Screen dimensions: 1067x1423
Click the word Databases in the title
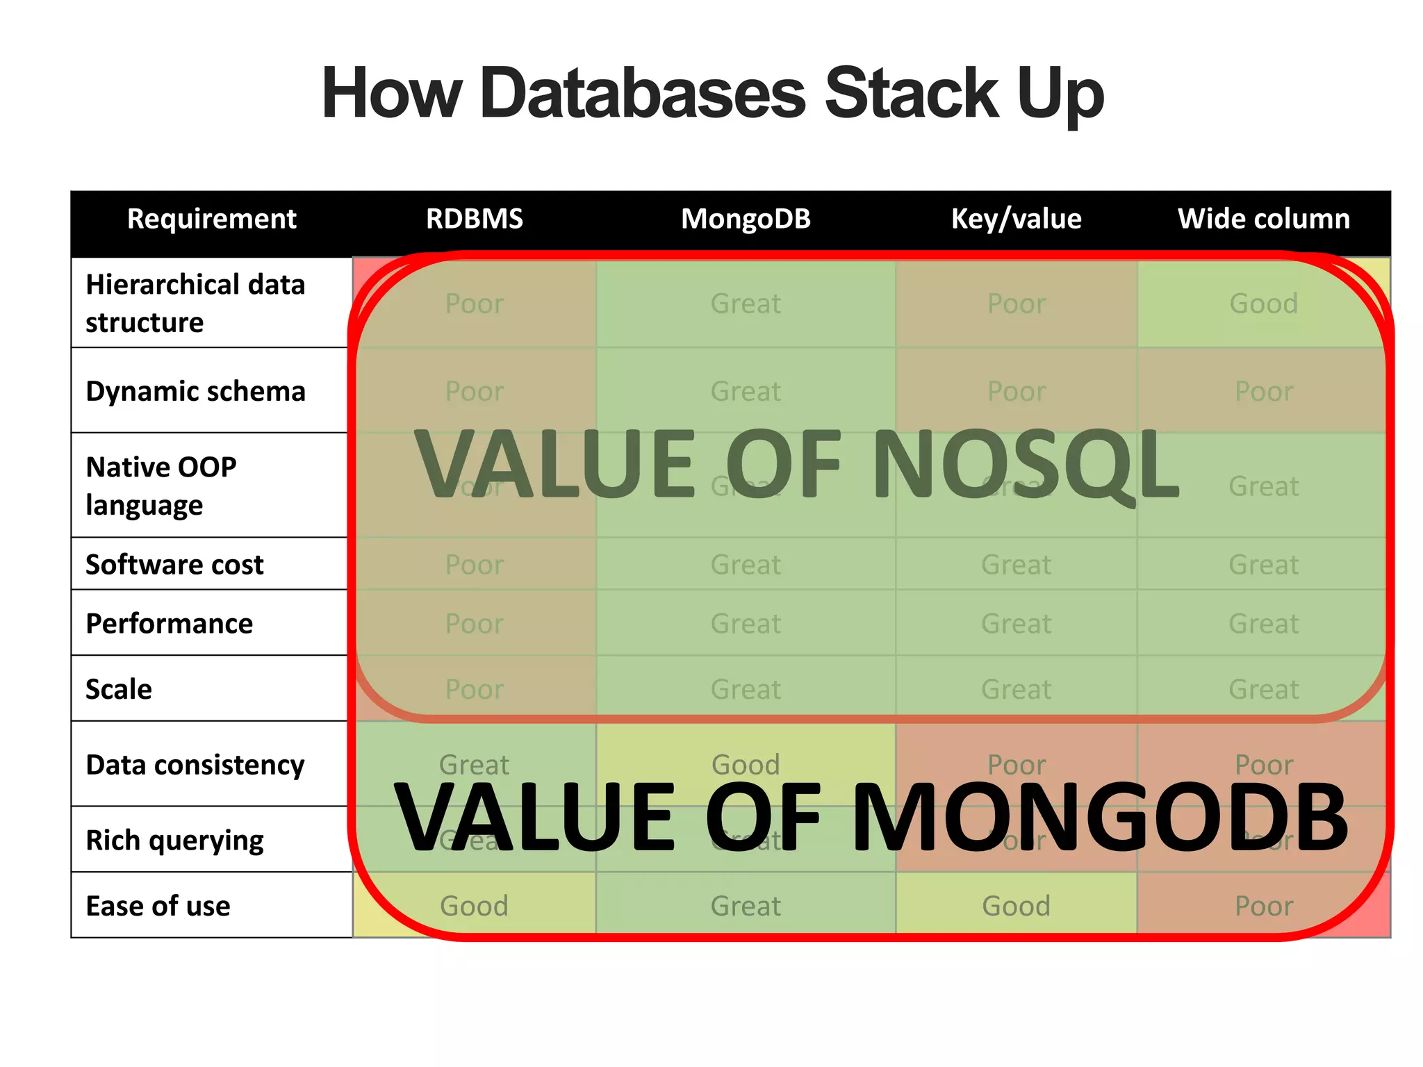642,94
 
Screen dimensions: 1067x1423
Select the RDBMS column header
475,219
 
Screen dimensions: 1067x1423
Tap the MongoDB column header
746,219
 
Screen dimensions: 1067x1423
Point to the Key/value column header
1016,219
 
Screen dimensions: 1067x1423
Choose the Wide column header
1263,219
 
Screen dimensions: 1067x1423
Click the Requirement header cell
211,219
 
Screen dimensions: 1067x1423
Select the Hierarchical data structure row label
195,304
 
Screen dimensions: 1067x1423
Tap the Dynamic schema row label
195,391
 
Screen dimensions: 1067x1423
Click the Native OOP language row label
161,486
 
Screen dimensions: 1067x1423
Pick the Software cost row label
174,564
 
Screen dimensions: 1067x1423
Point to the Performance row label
169,623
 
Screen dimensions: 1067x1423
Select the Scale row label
119,689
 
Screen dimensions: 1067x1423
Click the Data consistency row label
195,765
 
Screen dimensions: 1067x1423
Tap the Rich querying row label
174,840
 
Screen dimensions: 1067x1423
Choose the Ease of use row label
158,906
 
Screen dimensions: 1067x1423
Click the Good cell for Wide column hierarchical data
1263,304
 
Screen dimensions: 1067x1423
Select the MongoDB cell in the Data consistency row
746,765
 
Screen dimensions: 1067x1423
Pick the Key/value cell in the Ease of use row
1016,906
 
